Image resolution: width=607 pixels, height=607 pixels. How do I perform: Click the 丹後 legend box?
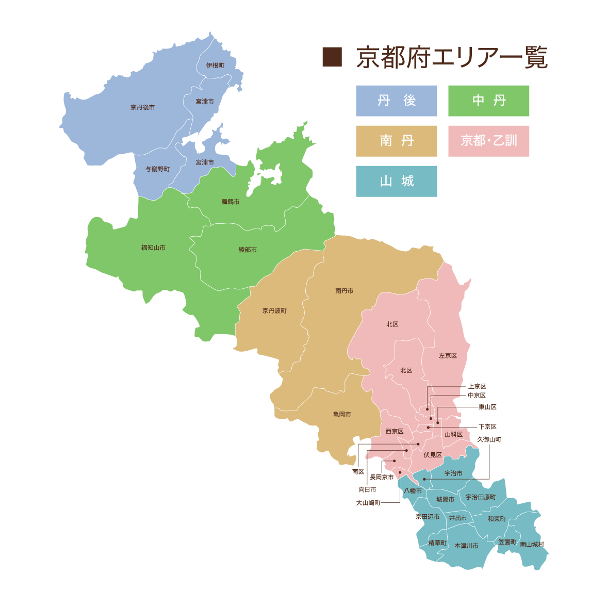coord(396,101)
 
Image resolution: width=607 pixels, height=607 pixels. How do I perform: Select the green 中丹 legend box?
coord(488,101)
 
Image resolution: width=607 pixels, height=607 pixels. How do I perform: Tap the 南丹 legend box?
coord(396,141)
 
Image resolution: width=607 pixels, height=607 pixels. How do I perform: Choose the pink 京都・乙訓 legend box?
coord(488,141)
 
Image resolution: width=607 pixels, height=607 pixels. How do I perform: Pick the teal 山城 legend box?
coord(396,181)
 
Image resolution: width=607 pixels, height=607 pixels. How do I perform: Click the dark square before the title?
coord(332,57)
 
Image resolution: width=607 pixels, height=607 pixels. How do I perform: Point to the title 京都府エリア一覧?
coord(452,58)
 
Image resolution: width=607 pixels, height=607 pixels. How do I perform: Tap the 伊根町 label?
coord(215,65)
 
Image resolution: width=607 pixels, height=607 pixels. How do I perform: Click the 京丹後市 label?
coord(142,107)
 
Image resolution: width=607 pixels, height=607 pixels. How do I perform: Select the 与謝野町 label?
coord(157,169)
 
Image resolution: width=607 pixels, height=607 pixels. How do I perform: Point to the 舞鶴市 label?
coord(230,202)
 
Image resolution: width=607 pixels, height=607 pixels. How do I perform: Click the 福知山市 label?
coord(153,248)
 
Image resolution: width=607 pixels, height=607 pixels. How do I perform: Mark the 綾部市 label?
coord(248,250)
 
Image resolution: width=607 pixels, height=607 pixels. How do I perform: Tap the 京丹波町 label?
coord(274,311)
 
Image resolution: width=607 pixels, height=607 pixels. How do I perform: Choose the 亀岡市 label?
coord(342,414)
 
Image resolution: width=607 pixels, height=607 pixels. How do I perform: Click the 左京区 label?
coord(448,356)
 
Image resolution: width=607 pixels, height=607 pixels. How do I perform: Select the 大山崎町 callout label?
coord(368,502)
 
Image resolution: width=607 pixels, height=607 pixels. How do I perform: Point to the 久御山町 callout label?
coord(489,439)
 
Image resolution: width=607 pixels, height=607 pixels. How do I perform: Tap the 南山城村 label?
coord(532,545)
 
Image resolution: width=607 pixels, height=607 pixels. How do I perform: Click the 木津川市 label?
coord(466,546)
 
